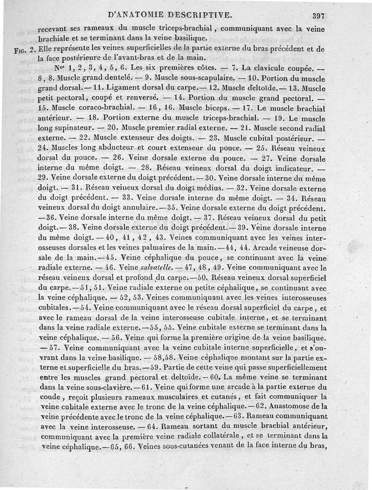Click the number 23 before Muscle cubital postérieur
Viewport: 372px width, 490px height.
(x=214, y=138)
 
